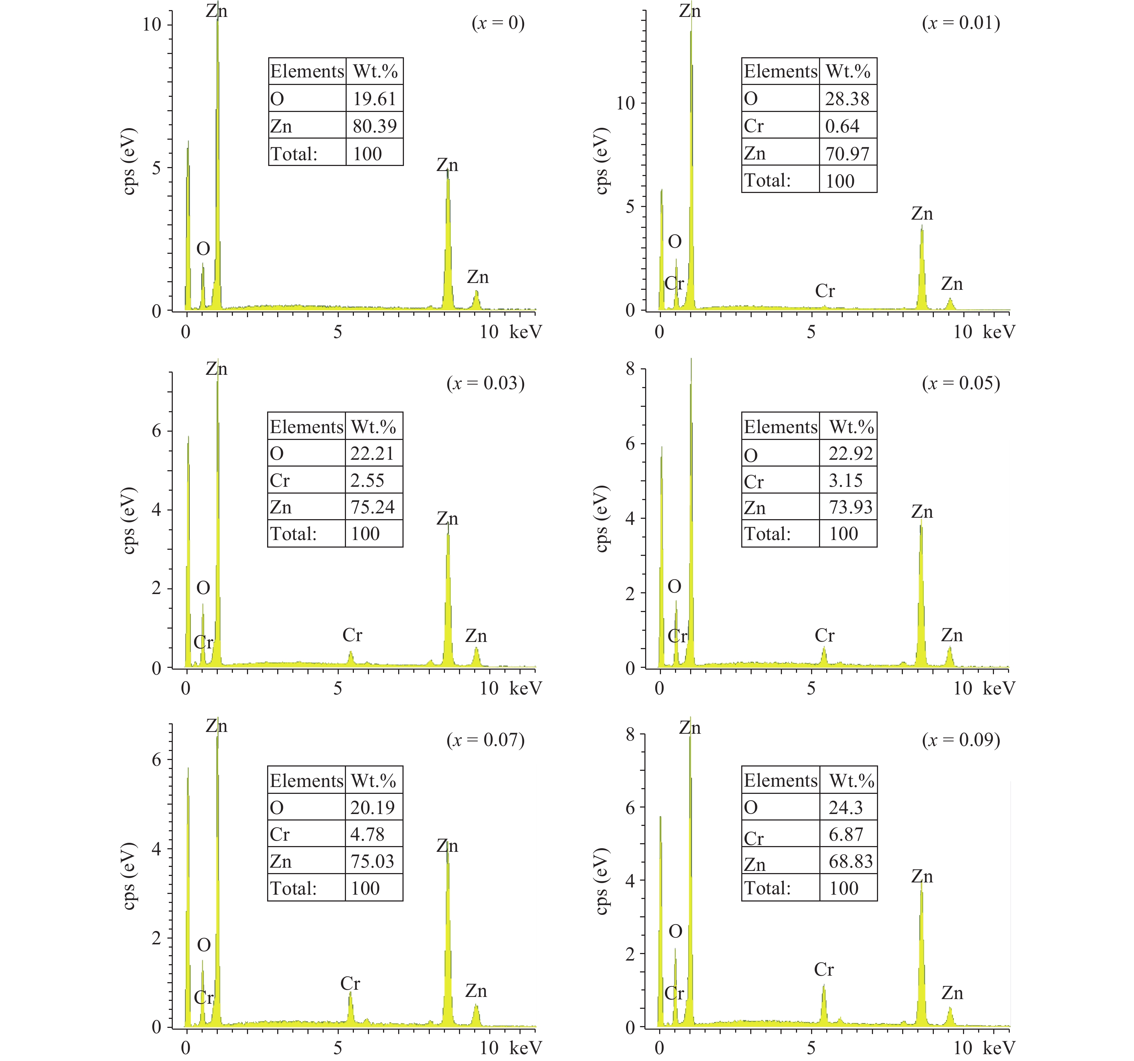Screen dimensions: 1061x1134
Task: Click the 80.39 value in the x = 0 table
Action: point(374,126)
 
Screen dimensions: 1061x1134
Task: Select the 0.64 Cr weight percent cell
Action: point(842,126)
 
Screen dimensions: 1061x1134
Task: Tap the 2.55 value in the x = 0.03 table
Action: point(367,480)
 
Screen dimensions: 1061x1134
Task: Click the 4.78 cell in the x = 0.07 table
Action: point(367,834)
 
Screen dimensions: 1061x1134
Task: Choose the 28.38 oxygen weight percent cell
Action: point(847,99)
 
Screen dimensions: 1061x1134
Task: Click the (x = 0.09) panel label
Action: point(961,740)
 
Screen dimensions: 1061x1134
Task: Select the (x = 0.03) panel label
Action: point(485,383)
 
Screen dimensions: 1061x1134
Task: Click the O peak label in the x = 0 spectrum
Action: point(203,249)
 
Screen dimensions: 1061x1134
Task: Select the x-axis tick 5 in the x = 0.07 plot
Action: point(338,1047)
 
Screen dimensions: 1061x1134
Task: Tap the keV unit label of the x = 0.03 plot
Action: point(525,688)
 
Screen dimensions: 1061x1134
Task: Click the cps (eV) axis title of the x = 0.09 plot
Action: point(602,881)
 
